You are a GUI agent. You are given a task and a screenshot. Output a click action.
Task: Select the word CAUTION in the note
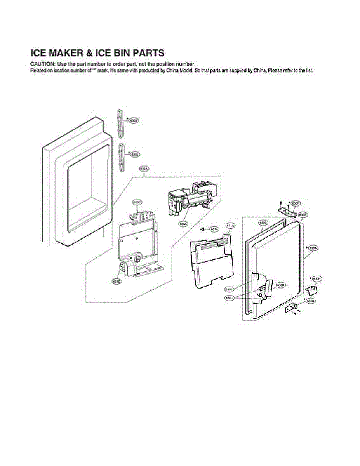[42, 64]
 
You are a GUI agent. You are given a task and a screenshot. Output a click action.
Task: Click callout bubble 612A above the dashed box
[144, 169]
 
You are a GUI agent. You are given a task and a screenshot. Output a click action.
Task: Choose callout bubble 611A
[230, 226]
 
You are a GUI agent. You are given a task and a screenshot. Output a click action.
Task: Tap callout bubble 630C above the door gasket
[263, 223]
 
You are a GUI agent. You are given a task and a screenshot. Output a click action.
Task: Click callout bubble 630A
[313, 247]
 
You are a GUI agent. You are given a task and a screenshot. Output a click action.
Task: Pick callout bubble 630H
[317, 279]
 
